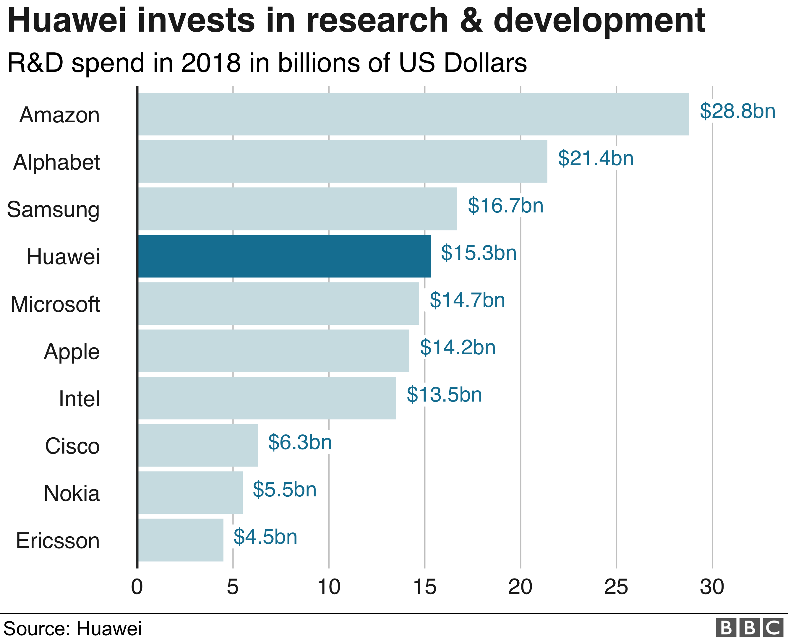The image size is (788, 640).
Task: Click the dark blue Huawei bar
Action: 284,256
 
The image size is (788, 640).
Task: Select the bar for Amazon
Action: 413,114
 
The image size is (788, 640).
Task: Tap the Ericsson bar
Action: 181,540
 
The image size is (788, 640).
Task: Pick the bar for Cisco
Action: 198,445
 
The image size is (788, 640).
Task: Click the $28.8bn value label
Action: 737,111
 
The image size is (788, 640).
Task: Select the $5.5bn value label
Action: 284,490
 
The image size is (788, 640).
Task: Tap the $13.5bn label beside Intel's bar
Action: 444,395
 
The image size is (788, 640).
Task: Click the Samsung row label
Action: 53,209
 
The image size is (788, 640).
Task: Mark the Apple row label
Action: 72,351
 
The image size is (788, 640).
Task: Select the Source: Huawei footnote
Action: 73,628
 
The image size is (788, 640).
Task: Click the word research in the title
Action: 377,21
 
